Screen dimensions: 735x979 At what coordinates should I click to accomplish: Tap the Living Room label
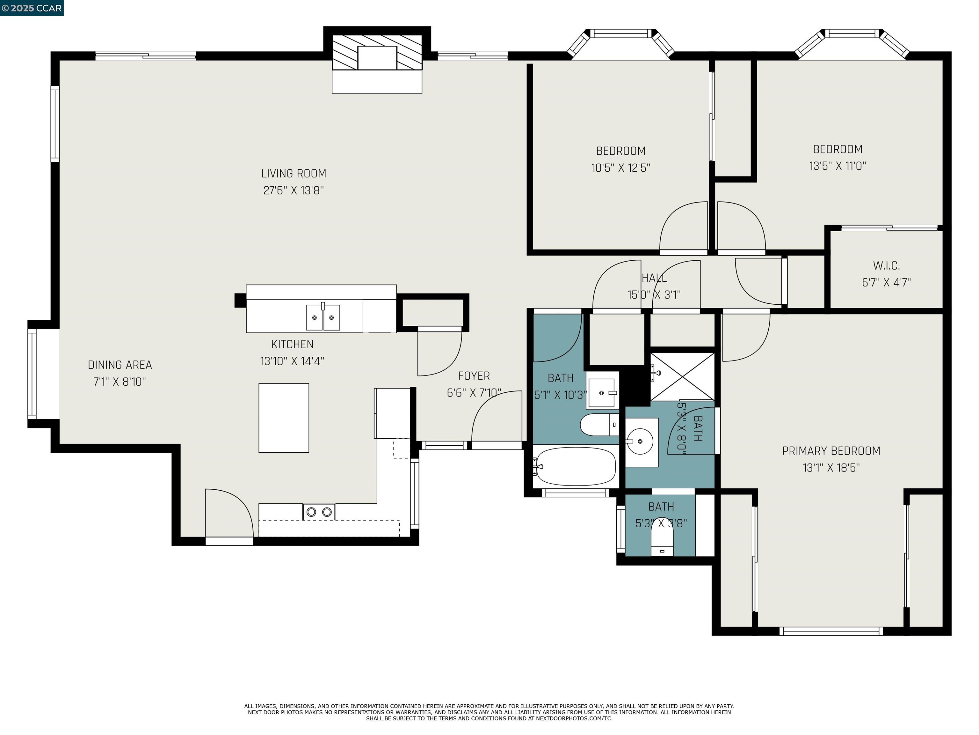pyautogui.click(x=294, y=174)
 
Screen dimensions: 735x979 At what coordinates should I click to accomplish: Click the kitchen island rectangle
pyautogui.click(x=284, y=418)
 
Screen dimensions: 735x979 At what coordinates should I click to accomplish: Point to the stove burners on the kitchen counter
pyautogui.click(x=319, y=512)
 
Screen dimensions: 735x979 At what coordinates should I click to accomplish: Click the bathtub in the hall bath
pyautogui.click(x=575, y=466)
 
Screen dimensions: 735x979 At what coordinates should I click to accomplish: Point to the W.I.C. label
pyautogui.click(x=886, y=266)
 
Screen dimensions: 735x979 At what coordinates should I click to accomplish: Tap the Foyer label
pyautogui.click(x=474, y=376)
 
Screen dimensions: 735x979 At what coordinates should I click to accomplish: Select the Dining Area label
pyautogui.click(x=120, y=365)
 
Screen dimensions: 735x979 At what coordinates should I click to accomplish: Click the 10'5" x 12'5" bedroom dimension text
pyautogui.click(x=620, y=168)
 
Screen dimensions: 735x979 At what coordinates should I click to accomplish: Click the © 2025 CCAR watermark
pyautogui.click(x=32, y=8)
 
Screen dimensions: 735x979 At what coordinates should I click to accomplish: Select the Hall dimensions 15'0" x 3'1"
pyautogui.click(x=654, y=295)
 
